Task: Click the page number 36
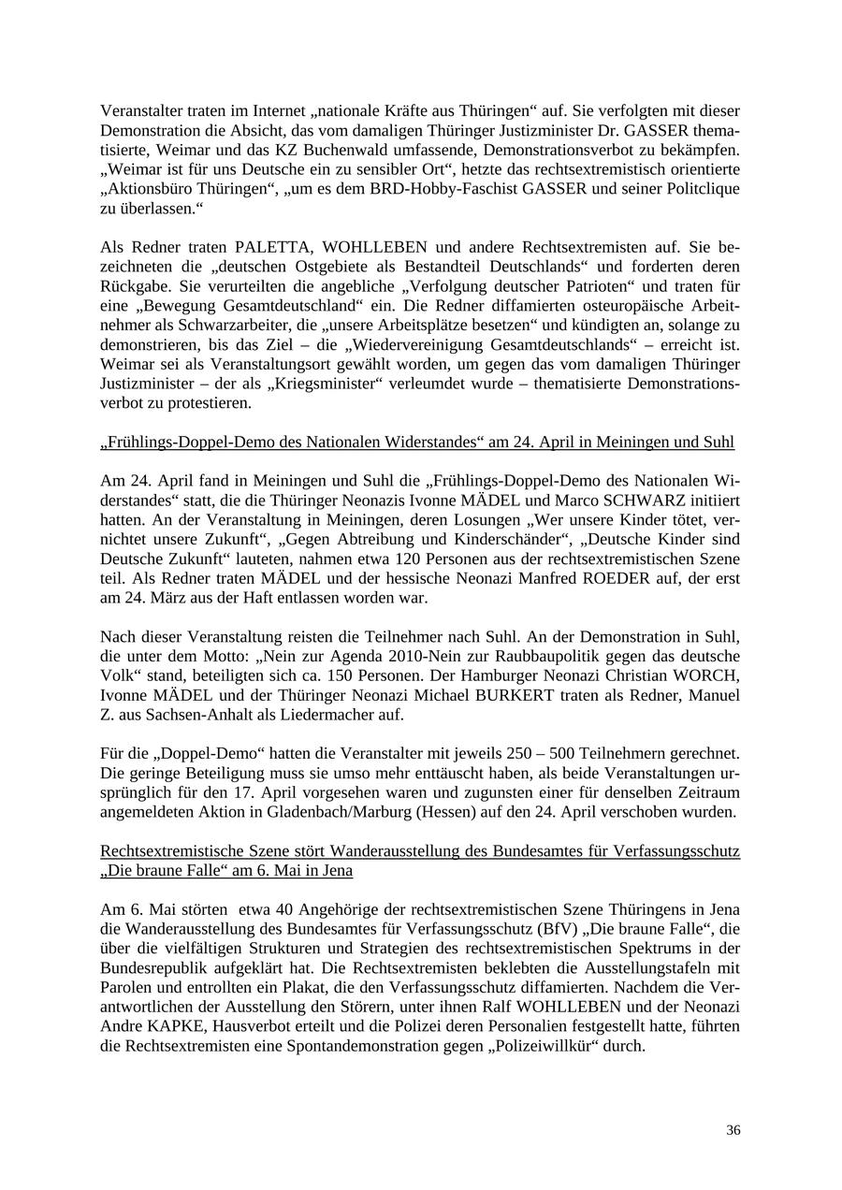pyautogui.click(x=733, y=1130)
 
